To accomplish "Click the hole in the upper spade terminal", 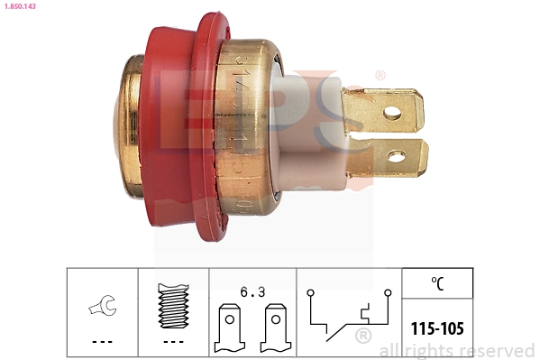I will point(392,113).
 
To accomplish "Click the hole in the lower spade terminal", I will point(397,157).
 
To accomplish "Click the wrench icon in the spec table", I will point(101,309).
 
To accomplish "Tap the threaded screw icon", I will point(173,308).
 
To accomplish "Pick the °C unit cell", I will point(437,284).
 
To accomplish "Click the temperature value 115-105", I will point(437,328).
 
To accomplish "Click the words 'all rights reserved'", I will point(457,350).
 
